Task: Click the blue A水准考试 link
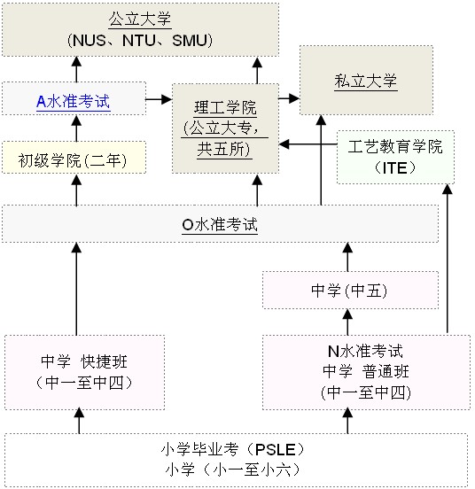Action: coord(74,101)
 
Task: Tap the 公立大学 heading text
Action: coord(140,19)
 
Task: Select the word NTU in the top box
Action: coord(139,41)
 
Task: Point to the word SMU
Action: coord(190,41)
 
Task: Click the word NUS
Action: coord(90,41)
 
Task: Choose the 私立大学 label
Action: coord(366,81)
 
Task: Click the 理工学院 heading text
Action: coord(225,108)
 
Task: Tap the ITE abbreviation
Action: coord(395,168)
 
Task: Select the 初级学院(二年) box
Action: coord(74,157)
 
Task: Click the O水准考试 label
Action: coord(220,224)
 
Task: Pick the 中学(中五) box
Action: coord(351,290)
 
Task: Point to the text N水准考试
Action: coord(365,351)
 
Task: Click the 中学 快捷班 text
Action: coord(84,361)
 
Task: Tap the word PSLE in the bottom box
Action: coord(276,450)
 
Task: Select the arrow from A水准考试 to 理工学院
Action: coord(159,99)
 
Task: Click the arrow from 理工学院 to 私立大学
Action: coord(289,98)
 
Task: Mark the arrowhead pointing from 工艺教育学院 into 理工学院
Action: coord(284,144)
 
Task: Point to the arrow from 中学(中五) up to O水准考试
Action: coord(347,257)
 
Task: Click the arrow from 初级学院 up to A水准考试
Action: coord(76,128)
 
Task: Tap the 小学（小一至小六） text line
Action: coord(233,470)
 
